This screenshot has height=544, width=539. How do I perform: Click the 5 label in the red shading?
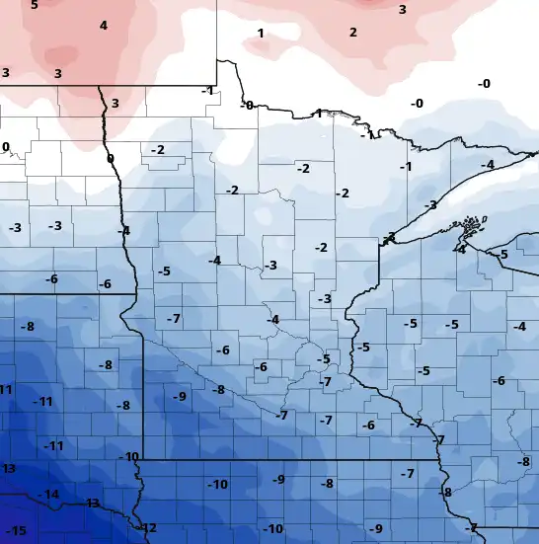[35, 5]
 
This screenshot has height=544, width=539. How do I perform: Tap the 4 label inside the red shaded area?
[103, 26]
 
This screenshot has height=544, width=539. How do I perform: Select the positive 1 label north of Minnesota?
[261, 34]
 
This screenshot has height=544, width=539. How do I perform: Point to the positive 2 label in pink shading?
[352, 33]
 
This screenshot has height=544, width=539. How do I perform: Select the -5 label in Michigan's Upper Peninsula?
[502, 255]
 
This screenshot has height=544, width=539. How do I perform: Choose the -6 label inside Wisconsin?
[499, 381]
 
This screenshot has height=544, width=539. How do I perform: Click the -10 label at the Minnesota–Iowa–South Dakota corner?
[128, 456]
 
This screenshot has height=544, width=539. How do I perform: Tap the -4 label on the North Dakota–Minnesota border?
[123, 231]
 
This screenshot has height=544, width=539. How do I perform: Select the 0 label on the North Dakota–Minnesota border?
[110, 158]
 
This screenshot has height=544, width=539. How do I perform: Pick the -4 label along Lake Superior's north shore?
[487, 164]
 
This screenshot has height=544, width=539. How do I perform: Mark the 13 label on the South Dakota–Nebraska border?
[92, 504]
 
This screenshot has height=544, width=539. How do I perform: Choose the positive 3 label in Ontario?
[402, 9]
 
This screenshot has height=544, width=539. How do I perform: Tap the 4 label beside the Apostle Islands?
[461, 249]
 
